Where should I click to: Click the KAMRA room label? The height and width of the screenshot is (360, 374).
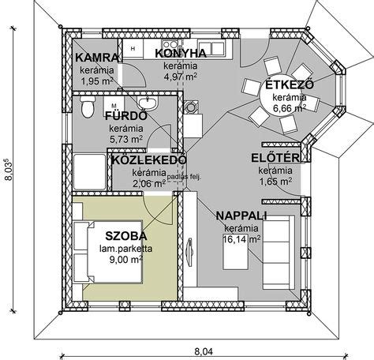coord(97,58)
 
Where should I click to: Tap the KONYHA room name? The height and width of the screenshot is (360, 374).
coord(181,54)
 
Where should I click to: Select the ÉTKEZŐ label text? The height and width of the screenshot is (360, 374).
coord(290,84)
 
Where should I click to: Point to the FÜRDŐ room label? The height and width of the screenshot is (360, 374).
coord(126,116)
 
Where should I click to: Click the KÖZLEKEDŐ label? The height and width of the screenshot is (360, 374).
coord(149,160)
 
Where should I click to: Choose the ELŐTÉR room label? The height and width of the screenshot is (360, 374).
coord(275,158)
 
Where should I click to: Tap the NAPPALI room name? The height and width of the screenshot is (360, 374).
coord(241,216)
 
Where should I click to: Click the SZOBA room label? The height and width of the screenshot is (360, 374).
coord(126,236)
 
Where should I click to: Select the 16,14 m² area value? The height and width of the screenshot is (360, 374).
coord(241,239)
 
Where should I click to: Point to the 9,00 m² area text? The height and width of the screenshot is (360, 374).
coord(126,260)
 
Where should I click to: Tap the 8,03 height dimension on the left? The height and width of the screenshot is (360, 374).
coord(9,169)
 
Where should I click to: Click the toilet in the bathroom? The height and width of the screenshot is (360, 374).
coord(88,107)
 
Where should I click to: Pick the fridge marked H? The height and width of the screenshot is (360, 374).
coord(133,48)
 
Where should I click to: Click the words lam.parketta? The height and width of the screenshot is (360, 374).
coord(126,249)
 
